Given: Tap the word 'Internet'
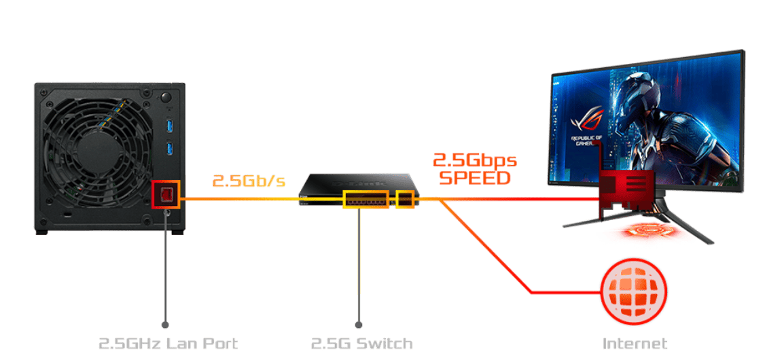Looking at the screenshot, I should [x=635, y=343].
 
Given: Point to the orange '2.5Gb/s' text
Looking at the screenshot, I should [x=249, y=181].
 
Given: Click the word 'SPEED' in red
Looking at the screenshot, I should [x=474, y=178].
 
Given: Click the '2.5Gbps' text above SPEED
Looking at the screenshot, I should [x=474, y=161].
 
